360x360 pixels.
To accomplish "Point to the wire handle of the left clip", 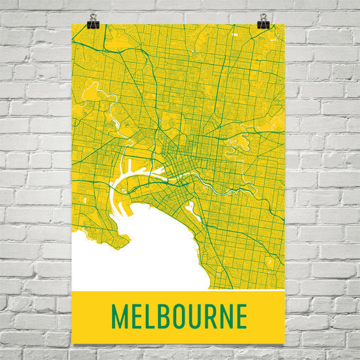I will [92, 17].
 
